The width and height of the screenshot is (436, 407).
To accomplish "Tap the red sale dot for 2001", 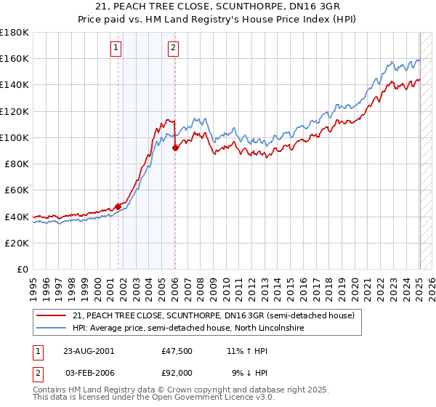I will point(118,206).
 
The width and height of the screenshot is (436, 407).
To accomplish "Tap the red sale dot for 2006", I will point(175,148).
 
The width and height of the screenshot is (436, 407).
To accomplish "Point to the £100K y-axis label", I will point(15,137).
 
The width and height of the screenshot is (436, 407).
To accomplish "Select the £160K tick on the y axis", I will point(15,58).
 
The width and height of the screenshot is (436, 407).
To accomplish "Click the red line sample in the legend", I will point(52,315).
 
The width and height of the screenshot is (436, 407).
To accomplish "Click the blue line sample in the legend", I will point(52,329).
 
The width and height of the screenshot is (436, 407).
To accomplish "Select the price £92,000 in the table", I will point(177,372).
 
